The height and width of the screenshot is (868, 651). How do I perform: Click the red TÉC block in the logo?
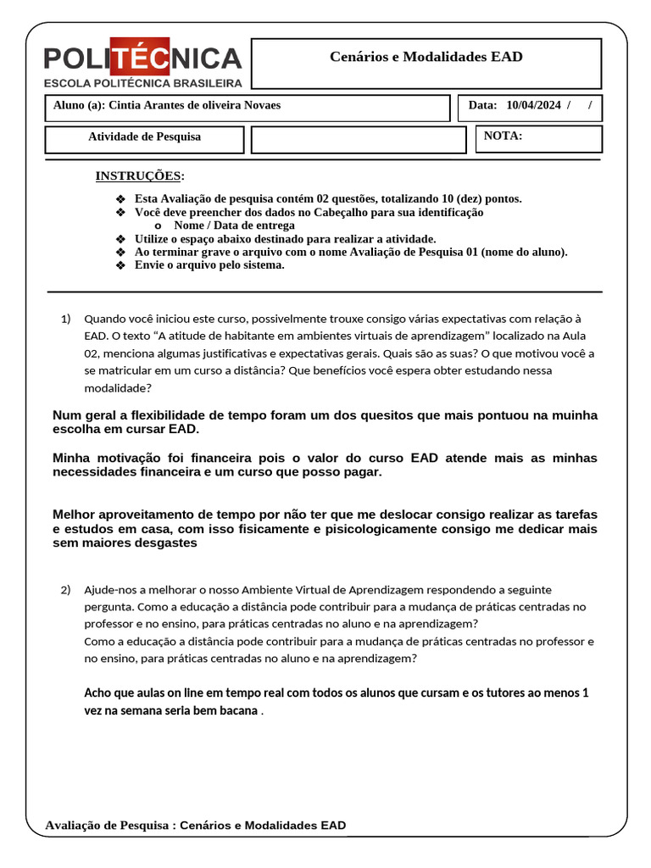140,58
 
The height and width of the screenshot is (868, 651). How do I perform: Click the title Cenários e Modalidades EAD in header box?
426,57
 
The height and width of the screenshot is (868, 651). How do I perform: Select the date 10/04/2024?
533,106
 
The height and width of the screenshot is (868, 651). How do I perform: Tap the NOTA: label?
503,136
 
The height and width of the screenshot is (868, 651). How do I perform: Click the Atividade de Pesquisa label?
145,136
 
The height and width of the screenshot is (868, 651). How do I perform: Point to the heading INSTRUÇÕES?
138,175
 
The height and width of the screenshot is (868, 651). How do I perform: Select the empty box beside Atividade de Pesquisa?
359,140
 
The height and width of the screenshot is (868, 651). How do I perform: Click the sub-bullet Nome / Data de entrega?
234,225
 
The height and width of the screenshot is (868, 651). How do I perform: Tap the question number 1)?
66,319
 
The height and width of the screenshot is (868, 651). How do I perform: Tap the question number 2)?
66,589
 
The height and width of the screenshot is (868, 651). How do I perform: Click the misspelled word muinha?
576,415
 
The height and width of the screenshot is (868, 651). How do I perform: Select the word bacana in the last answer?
236,710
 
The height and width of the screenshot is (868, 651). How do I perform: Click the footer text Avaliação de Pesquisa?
108,825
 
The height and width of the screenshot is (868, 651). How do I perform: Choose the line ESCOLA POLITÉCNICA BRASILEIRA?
142,83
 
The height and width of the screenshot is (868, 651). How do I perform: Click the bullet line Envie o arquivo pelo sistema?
209,265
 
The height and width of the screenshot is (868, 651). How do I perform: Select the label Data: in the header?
482,106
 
